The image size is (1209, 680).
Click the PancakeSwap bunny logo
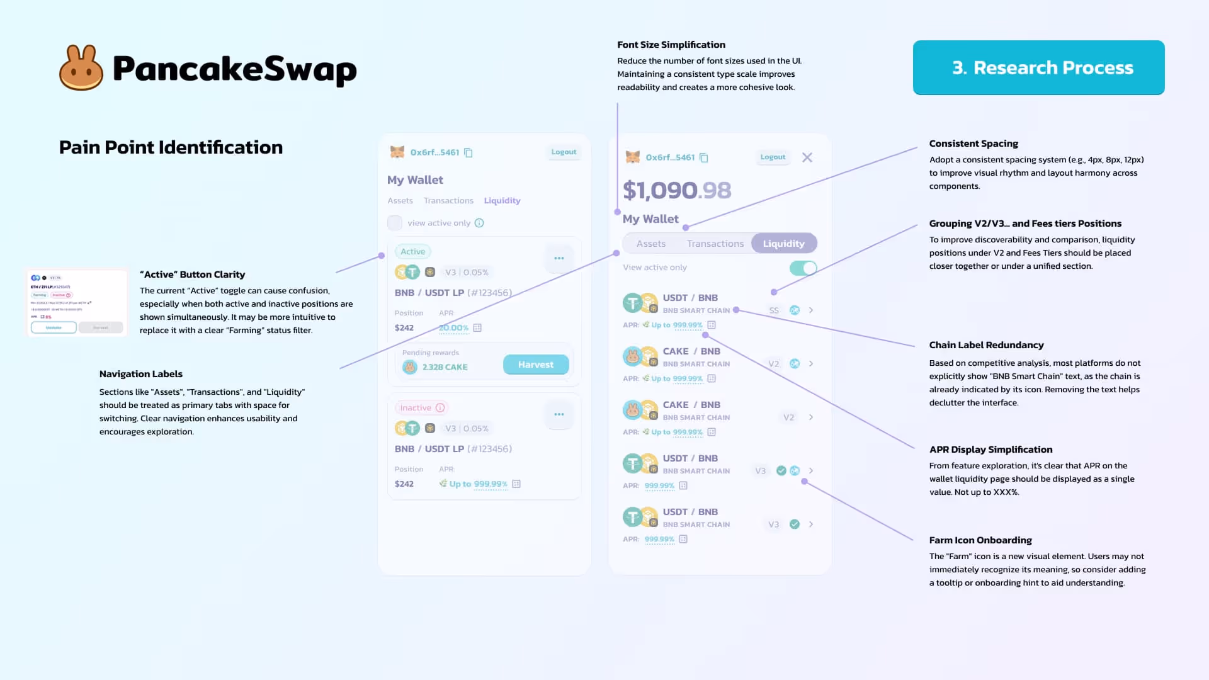click(81, 68)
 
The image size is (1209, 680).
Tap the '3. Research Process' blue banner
click(1038, 68)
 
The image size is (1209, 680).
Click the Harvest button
click(536, 365)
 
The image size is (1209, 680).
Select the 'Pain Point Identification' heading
click(171, 147)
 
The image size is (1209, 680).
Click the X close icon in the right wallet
click(807, 157)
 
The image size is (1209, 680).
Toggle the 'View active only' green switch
click(803, 268)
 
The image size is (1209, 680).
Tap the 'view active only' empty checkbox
click(395, 223)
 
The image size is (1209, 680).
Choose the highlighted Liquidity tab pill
click(784, 244)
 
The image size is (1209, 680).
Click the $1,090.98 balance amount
click(677, 190)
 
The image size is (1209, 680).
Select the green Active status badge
click(413, 252)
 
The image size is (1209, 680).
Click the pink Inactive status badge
click(421, 408)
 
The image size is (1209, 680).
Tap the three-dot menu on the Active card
click(559, 258)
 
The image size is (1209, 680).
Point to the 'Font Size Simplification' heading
click(671, 45)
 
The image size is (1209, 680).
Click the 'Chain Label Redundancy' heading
click(986, 345)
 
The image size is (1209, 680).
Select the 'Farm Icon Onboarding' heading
click(980, 540)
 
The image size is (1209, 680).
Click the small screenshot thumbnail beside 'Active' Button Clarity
click(77, 303)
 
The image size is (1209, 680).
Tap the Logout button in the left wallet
click(564, 152)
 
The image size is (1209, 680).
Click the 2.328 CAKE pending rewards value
click(445, 367)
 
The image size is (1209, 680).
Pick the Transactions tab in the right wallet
click(715, 244)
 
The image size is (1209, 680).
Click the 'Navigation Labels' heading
click(141, 374)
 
